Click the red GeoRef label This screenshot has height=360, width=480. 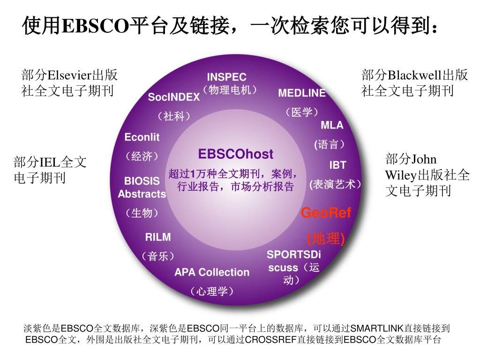tap(326, 213)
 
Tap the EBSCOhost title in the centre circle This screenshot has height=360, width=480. tap(235, 154)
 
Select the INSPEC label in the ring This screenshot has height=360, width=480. tap(226, 77)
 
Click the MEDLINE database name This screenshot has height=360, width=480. tap(302, 93)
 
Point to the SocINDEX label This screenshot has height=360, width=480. tap(174, 97)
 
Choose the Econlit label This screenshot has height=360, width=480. tap(142, 137)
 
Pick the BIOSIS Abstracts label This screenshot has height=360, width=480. tap(142, 187)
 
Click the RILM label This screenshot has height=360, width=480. tap(158, 237)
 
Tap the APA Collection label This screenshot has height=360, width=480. tap(212, 272)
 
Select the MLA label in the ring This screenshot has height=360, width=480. tap(332, 125)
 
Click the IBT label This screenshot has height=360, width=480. tap(337, 165)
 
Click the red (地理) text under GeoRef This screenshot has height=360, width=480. tap(326, 238)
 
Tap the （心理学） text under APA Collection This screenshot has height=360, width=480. tap(212, 292)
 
